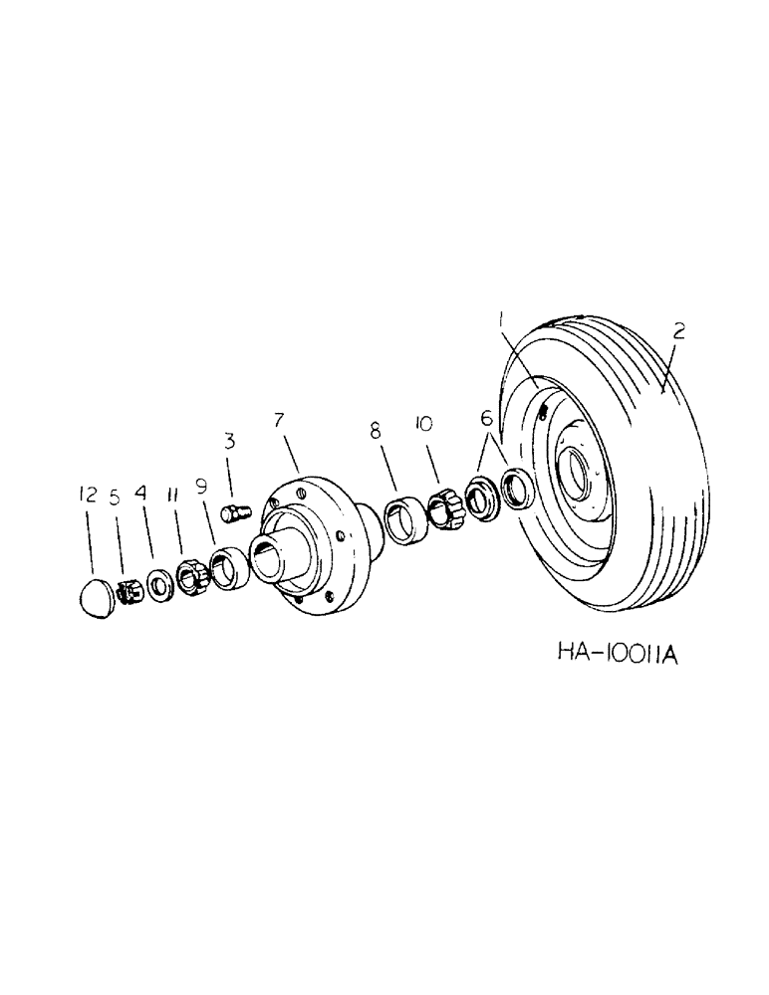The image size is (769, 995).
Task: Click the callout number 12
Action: [x=89, y=495]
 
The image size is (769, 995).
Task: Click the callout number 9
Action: [x=202, y=488]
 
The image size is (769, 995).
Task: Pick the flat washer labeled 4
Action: [x=158, y=583]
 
